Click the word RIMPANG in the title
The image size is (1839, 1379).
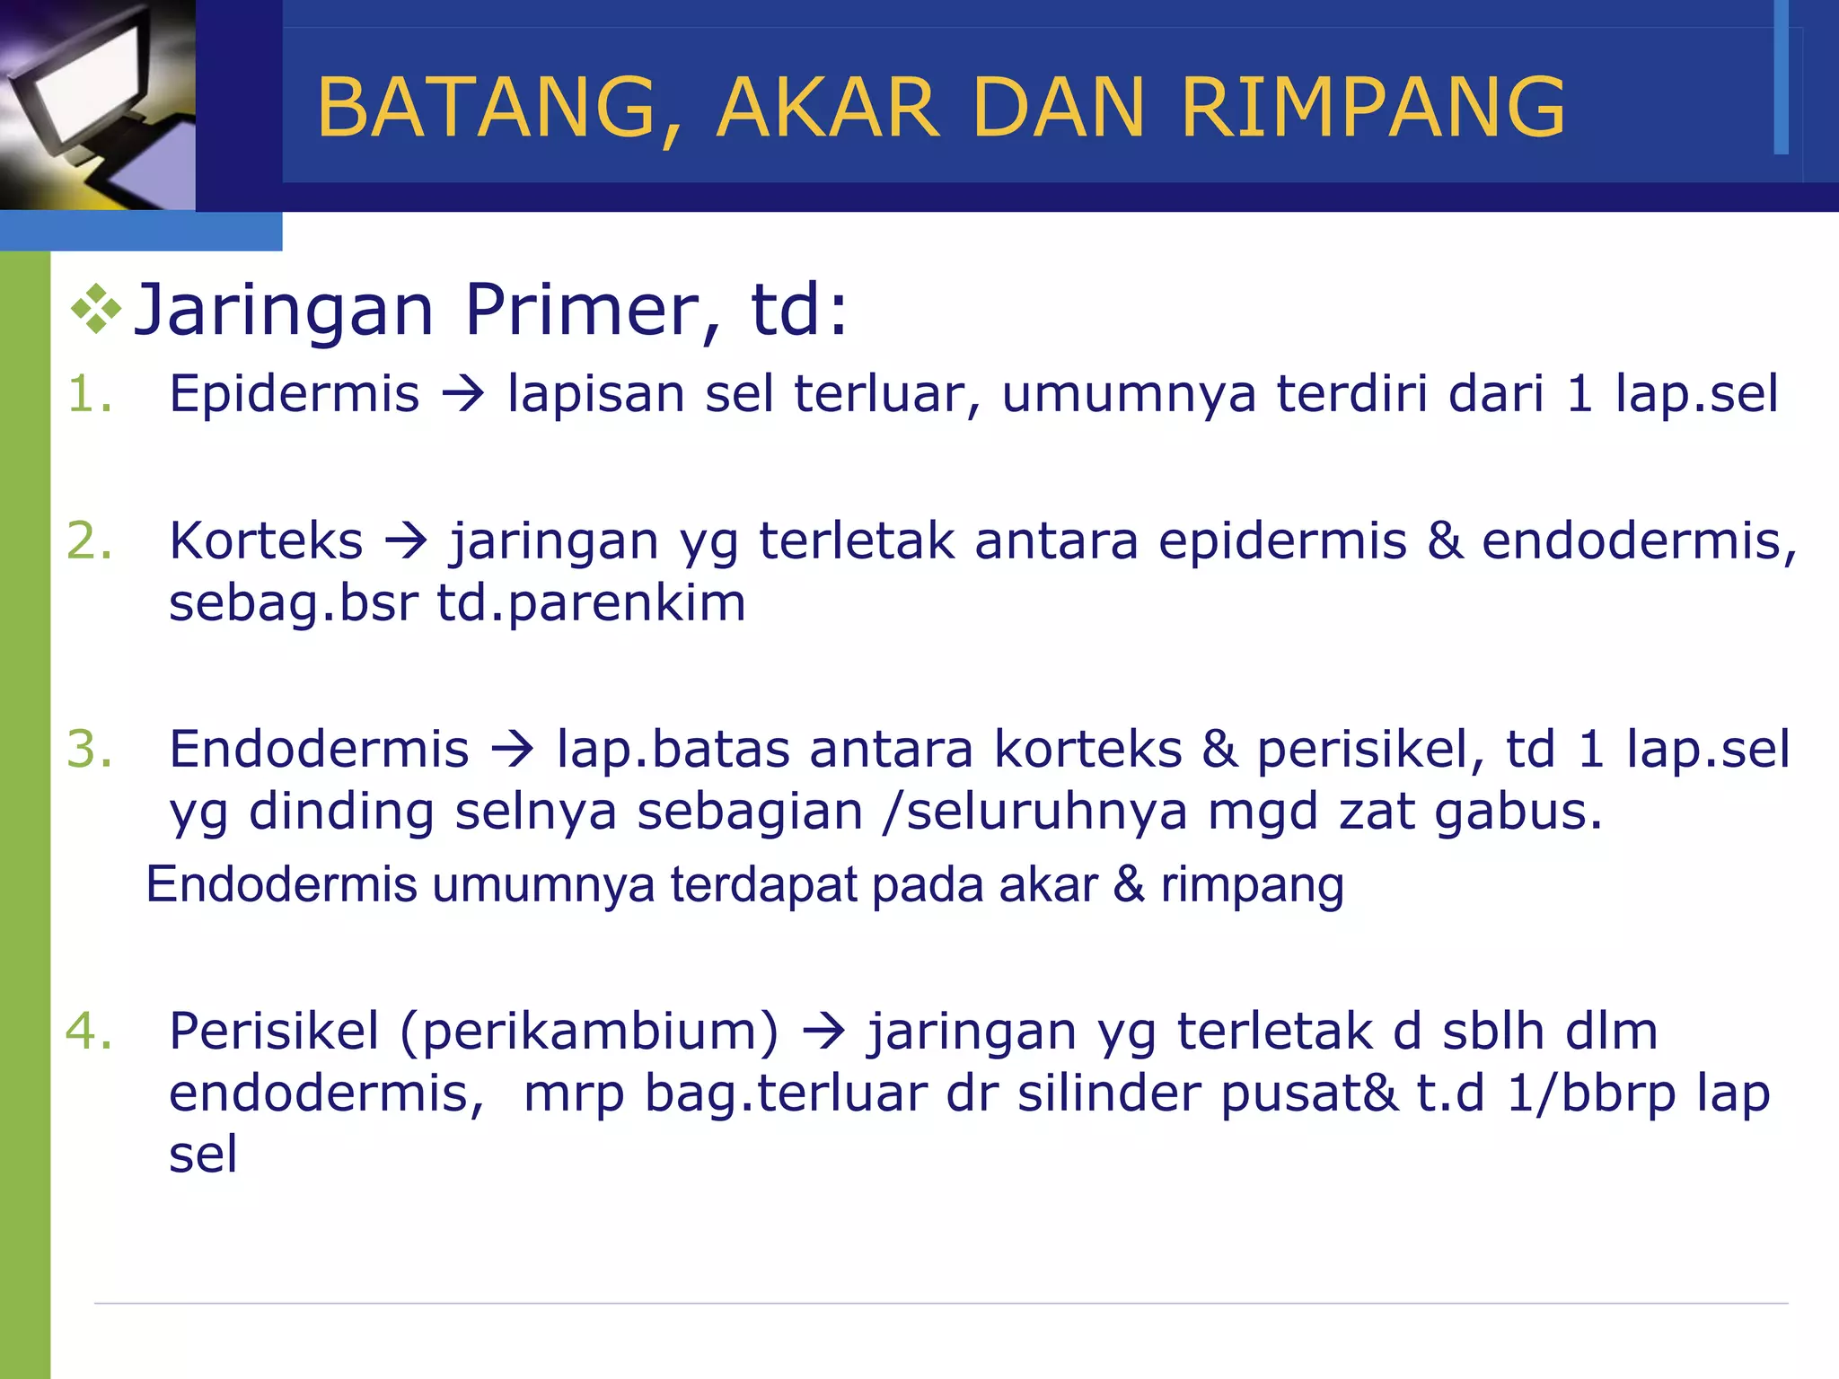click(1373, 108)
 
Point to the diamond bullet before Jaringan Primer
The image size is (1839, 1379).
click(96, 310)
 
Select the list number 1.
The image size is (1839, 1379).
click(90, 394)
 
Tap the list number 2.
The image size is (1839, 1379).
click(90, 541)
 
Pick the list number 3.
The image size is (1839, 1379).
click(90, 750)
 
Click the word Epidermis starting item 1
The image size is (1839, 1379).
click(295, 394)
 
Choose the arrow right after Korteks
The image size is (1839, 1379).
click(407, 542)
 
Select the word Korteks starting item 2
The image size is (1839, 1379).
click(267, 541)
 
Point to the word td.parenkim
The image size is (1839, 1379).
click(592, 602)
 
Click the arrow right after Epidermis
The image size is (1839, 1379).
click(463, 395)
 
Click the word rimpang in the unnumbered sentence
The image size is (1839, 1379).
click(1253, 886)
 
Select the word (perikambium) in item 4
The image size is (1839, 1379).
click(590, 1032)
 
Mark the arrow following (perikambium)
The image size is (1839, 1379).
click(823, 1032)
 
